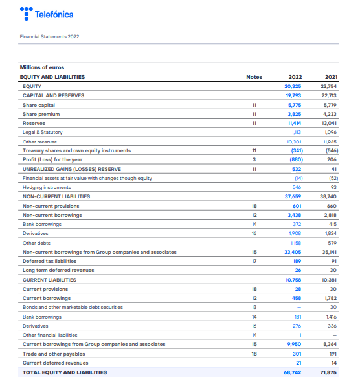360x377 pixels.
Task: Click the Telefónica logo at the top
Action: [46, 14]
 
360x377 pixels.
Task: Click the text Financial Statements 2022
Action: [49, 36]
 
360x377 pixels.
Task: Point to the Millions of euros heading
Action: [42, 67]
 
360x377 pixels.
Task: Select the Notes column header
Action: [254, 77]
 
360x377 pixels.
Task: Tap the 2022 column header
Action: [295, 77]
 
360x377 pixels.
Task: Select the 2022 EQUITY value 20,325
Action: [293, 86]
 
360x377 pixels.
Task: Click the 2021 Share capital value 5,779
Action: [328, 104]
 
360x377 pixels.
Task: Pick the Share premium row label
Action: [41, 114]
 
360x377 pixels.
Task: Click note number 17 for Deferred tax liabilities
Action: [254, 261]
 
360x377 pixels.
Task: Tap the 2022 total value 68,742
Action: [293, 372]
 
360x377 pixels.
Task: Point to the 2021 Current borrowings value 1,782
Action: [329, 298]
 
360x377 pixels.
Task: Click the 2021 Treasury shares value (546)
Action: [329, 150]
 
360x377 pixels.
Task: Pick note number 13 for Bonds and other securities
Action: [254, 307]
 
